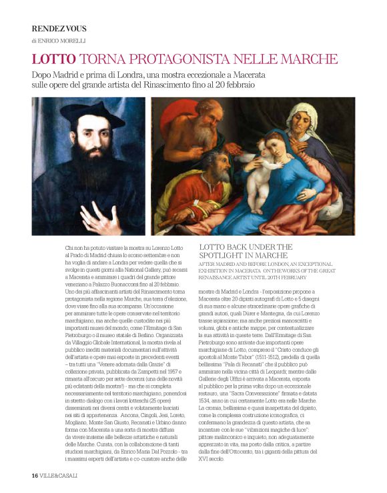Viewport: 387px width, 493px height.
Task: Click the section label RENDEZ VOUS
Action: pyautogui.click(x=59, y=29)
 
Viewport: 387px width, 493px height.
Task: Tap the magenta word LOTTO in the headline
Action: pyautogui.click(x=54, y=59)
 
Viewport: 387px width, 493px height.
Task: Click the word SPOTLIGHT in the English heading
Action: pyautogui.click(x=226, y=256)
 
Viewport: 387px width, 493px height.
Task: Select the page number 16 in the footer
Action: pyautogui.click(x=34, y=476)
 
